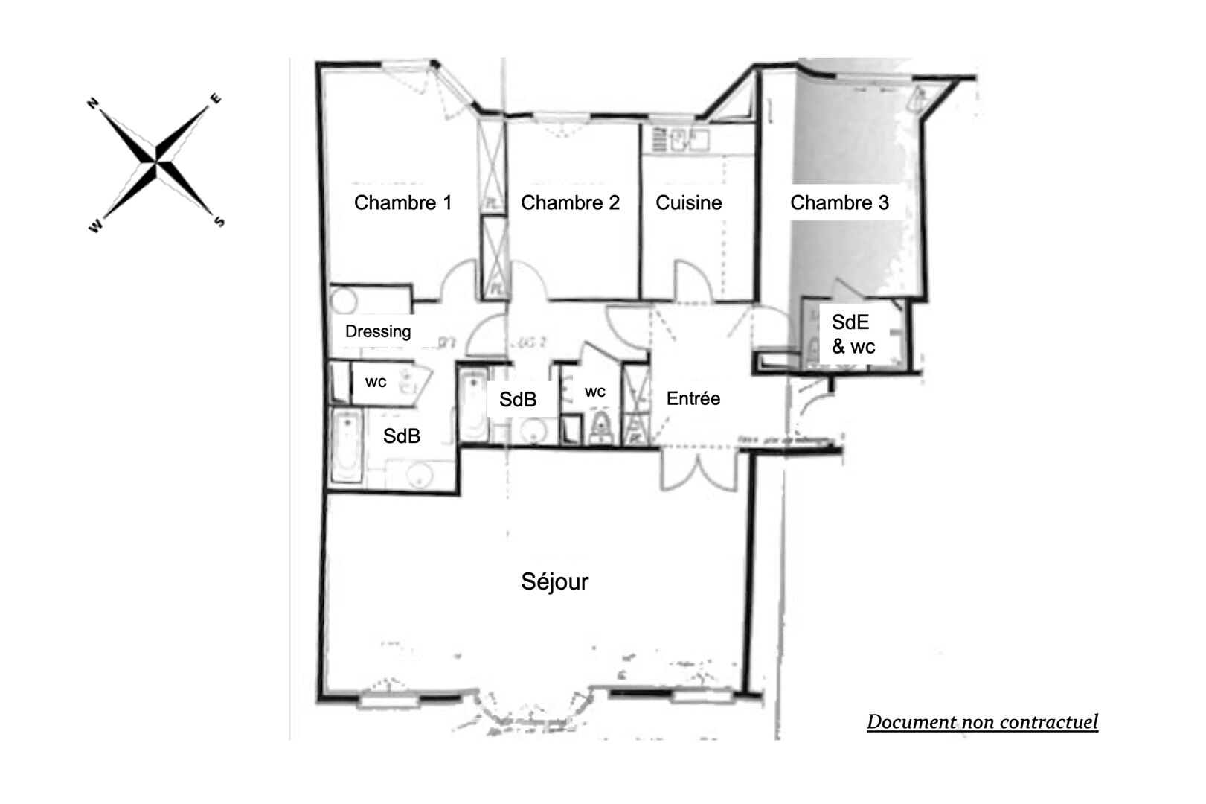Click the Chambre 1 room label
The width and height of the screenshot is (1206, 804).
tap(402, 202)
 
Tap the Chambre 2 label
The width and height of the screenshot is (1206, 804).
tap(570, 202)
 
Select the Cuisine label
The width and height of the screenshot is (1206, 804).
tap(688, 202)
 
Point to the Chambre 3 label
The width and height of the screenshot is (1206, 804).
tap(839, 202)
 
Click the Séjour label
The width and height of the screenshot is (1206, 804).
tap(554, 581)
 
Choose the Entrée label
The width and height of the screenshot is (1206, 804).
tap(693, 398)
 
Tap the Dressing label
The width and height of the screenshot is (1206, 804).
tap(377, 331)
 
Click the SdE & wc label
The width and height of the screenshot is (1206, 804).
tap(853, 334)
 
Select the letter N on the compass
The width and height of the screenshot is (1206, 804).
tap(94, 103)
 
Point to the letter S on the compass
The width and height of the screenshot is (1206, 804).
tap(219, 221)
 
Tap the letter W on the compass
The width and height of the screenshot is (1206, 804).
tap(95, 226)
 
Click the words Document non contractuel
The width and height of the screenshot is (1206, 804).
tap(982, 721)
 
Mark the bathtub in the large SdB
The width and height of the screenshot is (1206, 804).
tap(346, 447)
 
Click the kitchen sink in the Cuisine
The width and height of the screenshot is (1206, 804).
tap(680, 138)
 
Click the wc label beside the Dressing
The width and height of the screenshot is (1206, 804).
tap(376, 382)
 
